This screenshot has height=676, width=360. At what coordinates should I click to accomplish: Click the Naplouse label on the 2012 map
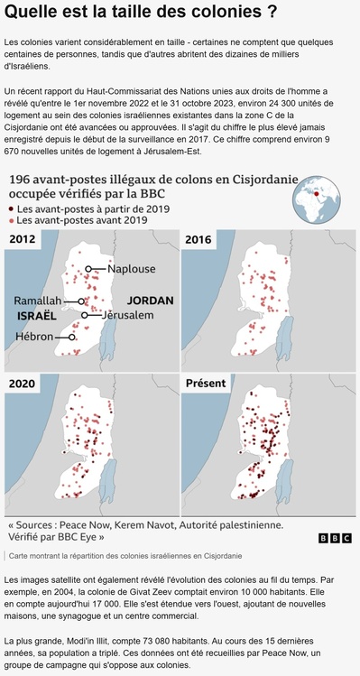pos(132,269)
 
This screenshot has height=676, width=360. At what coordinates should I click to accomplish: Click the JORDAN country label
pos(151,300)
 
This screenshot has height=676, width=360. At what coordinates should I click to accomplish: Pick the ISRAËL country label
pos(37,318)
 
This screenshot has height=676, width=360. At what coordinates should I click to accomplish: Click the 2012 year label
pos(23,240)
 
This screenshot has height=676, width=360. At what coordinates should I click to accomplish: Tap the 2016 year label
pos(199,240)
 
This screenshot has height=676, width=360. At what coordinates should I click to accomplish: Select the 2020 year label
pos(23,384)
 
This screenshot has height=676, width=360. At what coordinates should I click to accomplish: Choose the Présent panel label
pos(205,384)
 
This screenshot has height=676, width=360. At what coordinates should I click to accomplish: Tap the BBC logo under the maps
pos(336,538)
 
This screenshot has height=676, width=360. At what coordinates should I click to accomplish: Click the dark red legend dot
pos(11,208)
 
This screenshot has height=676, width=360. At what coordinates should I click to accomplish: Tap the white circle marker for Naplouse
pos(89,269)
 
